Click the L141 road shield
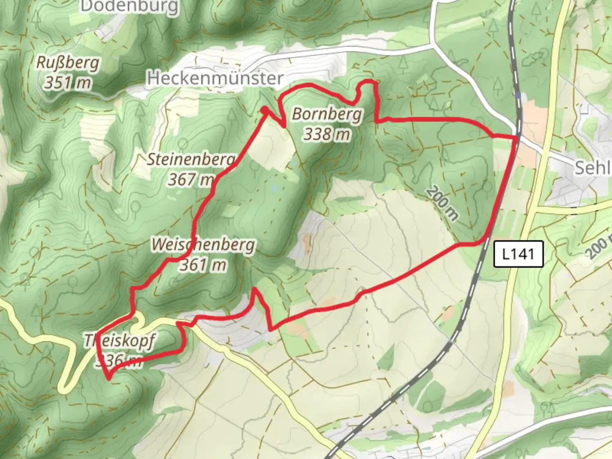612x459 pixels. click(x=518, y=254)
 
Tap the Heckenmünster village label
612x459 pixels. click(x=215, y=78)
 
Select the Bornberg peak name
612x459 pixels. click(x=327, y=114)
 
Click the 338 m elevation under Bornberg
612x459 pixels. click(x=327, y=134)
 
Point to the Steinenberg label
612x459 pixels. click(x=191, y=159)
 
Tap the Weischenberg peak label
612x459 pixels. click(x=203, y=245)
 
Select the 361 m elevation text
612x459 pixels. click(x=203, y=265)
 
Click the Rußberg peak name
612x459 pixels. click(x=68, y=62)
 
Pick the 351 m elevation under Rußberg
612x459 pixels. click(x=68, y=82)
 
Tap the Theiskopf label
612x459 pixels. click(x=120, y=341)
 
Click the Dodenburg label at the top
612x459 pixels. click(x=129, y=6)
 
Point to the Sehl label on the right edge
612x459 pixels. click(x=592, y=168)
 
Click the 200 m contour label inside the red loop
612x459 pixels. click(x=442, y=203)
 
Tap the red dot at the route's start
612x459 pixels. click(x=264, y=110)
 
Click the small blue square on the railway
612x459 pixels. click(x=518, y=96)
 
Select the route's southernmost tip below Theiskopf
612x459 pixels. click(x=109, y=378)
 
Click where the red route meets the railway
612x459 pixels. click(x=516, y=137)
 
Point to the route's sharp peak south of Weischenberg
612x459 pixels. click(x=254, y=289)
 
